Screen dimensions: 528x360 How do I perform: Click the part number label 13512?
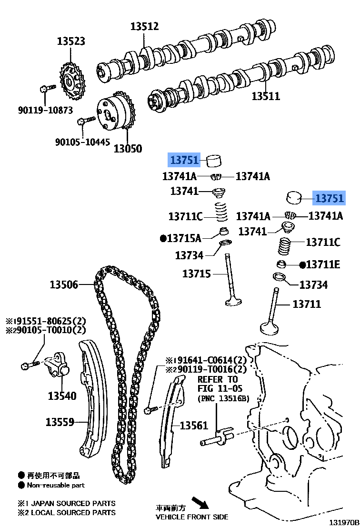click(x=145, y=27)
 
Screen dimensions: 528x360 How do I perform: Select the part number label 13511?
click(x=266, y=96)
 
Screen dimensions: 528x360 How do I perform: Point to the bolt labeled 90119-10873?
click(x=46, y=88)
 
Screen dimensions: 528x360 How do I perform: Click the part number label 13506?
click(x=64, y=285)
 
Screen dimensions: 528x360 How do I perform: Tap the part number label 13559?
click(x=60, y=422)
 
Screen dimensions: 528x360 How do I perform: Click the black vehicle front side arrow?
click(x=200, y=503)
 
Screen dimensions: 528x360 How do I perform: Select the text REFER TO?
click(x=218, y=379)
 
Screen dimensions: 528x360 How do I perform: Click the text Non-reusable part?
click(x=56, y=485)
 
